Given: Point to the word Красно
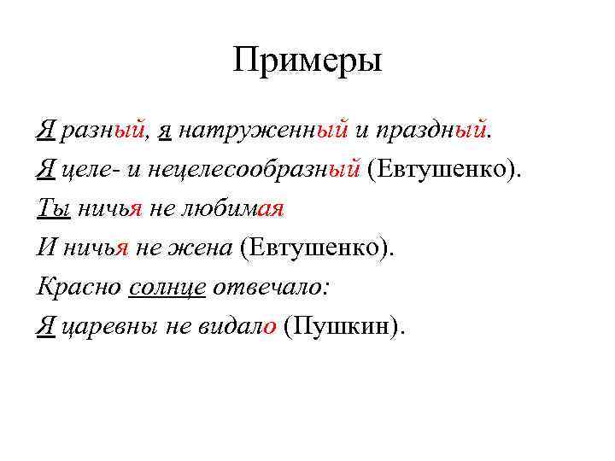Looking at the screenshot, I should click(x=79, y=287).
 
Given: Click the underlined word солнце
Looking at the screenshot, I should click(x=167, y=287).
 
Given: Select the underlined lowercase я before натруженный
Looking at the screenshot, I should click(x=167, y=131).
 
